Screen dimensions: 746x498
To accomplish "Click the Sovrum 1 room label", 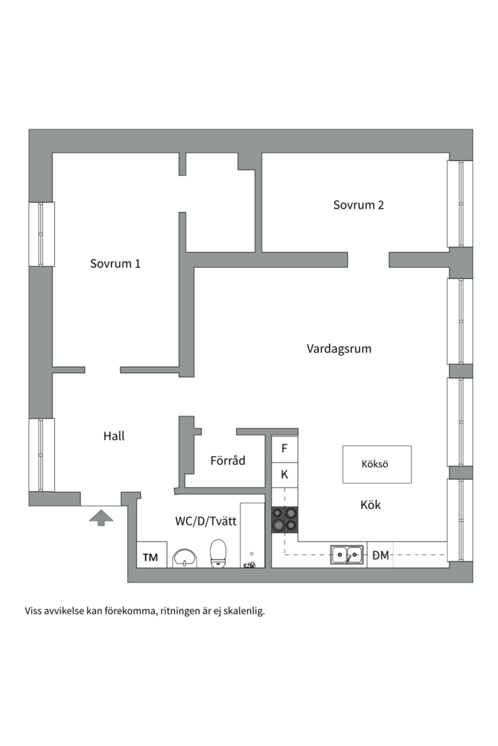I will (x=116, y=264).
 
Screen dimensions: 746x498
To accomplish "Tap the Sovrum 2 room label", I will (x=358, y=205).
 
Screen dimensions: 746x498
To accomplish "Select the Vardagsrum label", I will (x=339, y=349).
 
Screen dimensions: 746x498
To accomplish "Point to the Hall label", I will (x=113, y=437).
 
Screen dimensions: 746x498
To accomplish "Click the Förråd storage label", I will (x=228, y=461).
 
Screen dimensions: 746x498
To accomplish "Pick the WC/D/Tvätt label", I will (x=206, y=522).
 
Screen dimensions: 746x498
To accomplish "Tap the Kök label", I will (x=371, y=505).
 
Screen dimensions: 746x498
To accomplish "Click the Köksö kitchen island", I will (x=377, y=464).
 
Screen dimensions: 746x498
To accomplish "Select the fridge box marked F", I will (x=284, y=448).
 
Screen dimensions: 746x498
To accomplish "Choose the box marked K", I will (x=284, y=475).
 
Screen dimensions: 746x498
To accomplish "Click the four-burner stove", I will (x=284, y=520).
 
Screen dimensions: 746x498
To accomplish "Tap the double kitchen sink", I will (x=347, y=555).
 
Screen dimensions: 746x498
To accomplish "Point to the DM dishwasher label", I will (x=380, y=555).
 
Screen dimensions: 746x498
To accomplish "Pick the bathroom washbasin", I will (x=185, y=558).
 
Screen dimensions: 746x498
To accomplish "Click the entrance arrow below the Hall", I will (x=101, y=517).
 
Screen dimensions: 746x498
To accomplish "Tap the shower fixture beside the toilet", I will (x=250, y=563).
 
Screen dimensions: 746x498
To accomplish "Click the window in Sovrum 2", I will (x=459, y=204).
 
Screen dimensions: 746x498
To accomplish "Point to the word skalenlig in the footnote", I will (x=242, y=611).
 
